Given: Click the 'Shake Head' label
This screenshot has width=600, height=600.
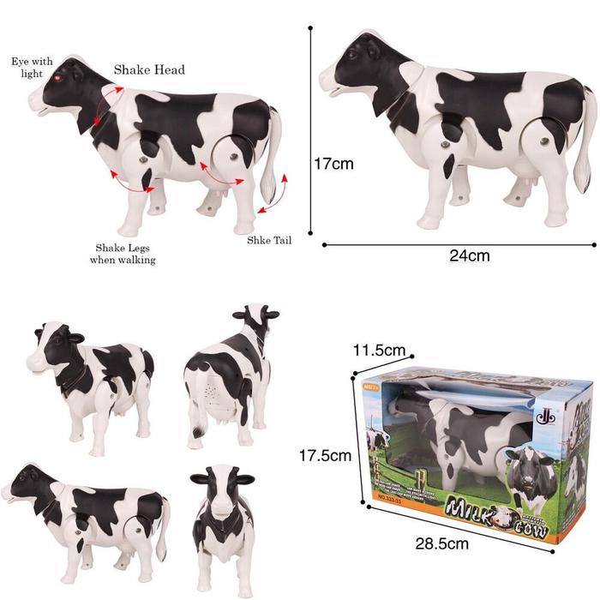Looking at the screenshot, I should pyautogui.click(x=149, y=69).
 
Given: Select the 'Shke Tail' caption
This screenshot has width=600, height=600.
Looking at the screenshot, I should pyautogui.click(x=270, y=240).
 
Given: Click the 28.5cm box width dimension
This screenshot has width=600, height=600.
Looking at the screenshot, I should pyautogui.click(x=446, y=543).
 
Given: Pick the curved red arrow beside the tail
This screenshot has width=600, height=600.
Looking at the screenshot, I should pyautogui.click(x=276, y=193).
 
